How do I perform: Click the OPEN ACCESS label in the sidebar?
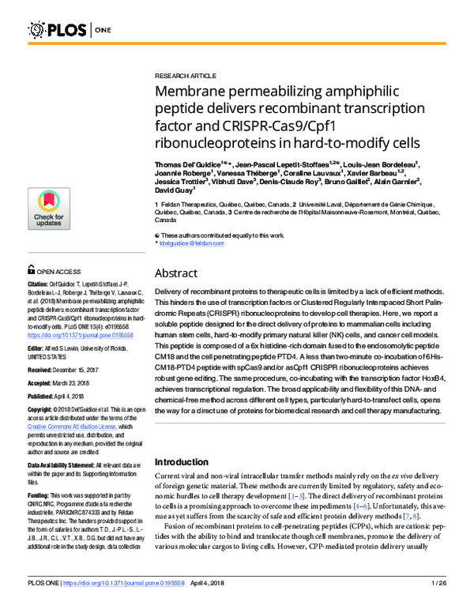click(x=58, y=269)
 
